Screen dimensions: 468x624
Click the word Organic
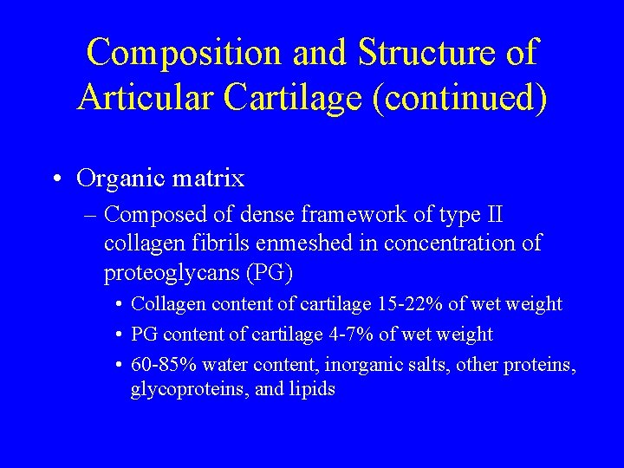[x=120, y=179]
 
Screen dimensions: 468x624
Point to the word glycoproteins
[x=189, y=389]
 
